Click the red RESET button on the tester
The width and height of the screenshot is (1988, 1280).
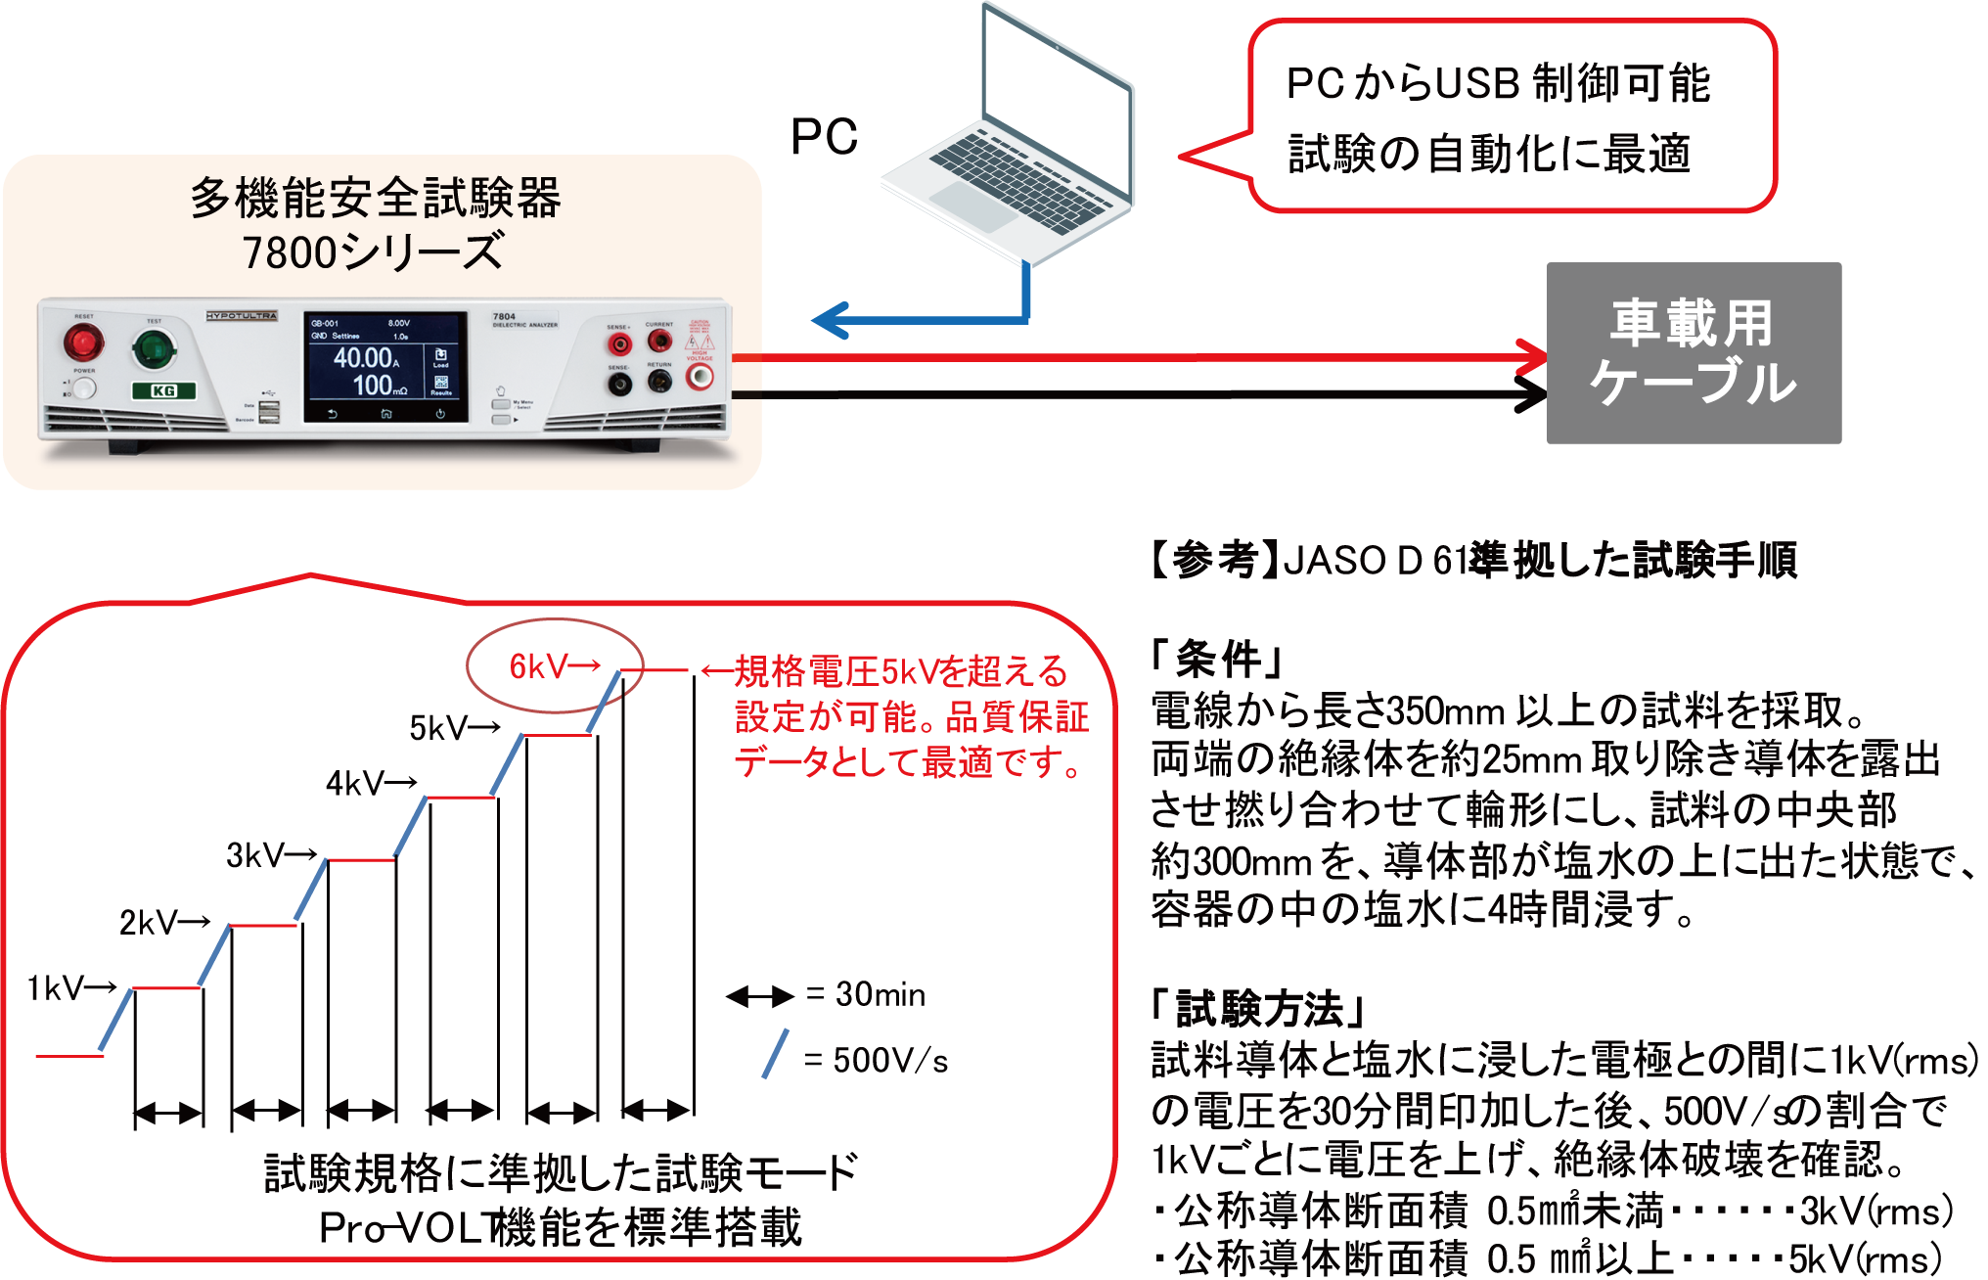click(84, 343)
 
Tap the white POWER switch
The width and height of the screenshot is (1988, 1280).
click(85, 389)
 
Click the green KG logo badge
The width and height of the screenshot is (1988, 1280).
click(163, 390)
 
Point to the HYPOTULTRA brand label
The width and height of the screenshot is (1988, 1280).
click(242, 316)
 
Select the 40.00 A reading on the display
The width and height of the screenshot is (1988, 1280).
click(365, 357)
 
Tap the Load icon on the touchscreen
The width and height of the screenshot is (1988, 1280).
click(441, 357)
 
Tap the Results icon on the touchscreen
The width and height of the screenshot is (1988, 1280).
click(441, 385)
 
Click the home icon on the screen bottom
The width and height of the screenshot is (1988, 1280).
click(386, 414)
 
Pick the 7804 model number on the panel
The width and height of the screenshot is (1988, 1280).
click(504, 317)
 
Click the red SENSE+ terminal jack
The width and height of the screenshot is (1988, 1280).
click(618, 344)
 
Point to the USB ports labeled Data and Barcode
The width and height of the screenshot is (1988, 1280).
click(269, 411)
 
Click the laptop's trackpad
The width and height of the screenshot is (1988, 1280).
click(972, 206)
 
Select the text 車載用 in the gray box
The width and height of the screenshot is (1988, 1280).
click(1692, 324)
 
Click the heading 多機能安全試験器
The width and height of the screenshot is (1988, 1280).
click(375, 199)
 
